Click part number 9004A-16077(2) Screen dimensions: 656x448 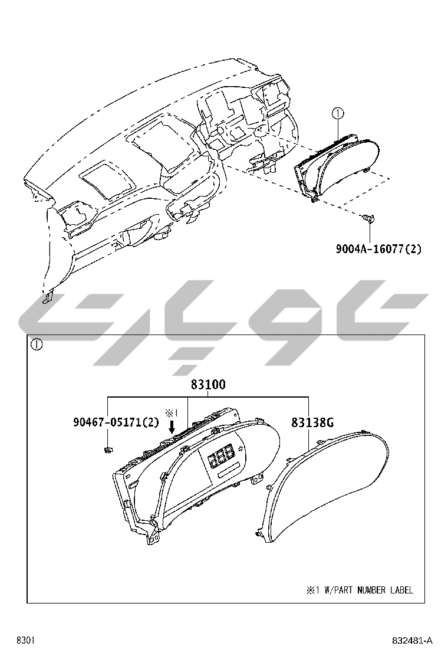[378, 249]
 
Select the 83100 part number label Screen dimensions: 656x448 [207, 385]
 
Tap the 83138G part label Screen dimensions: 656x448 [312, 422]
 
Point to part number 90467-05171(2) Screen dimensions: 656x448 [116, 422]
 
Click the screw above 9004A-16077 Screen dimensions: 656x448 [369, 218]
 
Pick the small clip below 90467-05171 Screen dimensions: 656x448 [107, 451]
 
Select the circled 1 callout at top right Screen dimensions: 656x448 [337, 113]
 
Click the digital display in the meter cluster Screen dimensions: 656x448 [220, 456]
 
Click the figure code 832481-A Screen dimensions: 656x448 [412, 641]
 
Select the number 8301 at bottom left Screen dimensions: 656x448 [26, 641]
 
